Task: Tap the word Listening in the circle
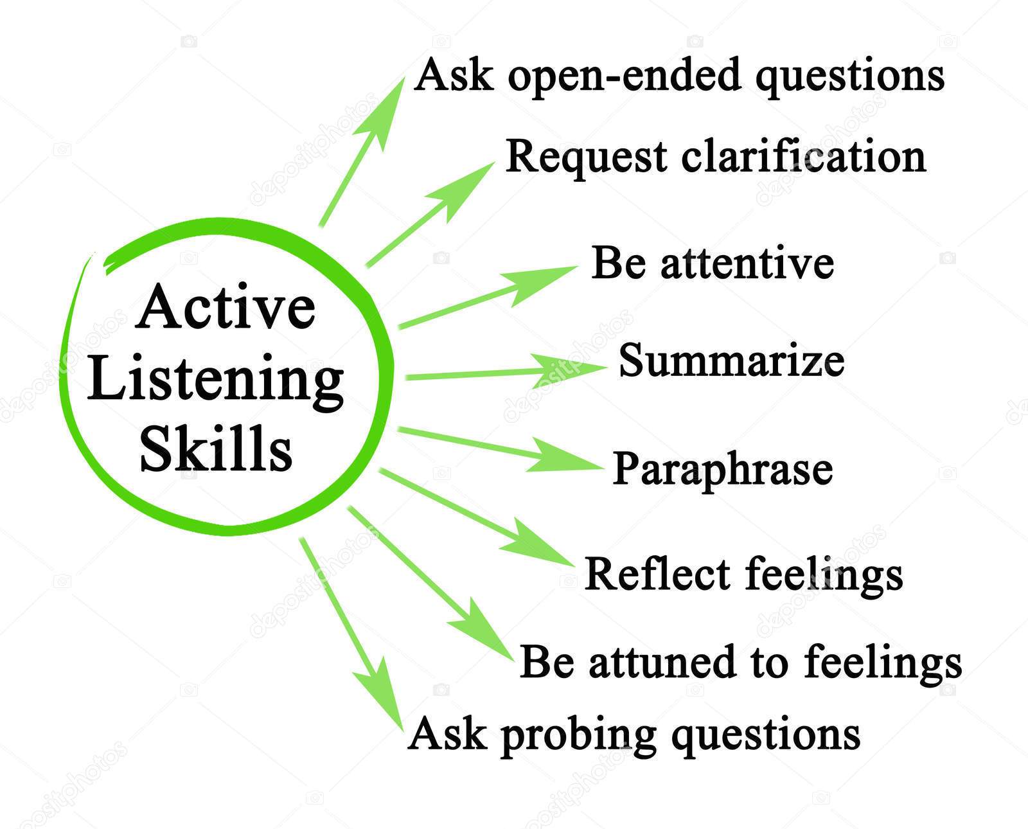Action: coord(215,380)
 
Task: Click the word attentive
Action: coord(747,263)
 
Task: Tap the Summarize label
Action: coord(731,361)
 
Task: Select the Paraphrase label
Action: coord(722,469)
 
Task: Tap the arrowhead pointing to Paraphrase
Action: coord(568,460)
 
